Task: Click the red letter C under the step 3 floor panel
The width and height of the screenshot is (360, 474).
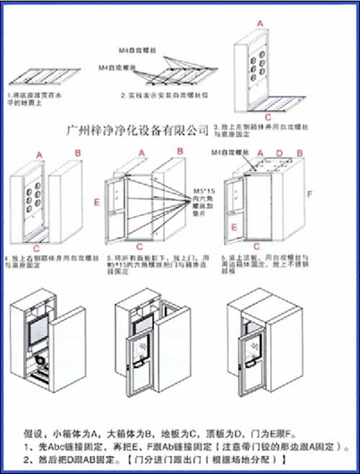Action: point(267,115)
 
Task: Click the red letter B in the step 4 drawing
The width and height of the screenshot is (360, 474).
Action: point(78,153)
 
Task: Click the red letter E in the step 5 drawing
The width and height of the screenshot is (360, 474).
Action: point(96,203)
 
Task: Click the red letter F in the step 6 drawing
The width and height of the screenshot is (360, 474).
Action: point(310,194)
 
